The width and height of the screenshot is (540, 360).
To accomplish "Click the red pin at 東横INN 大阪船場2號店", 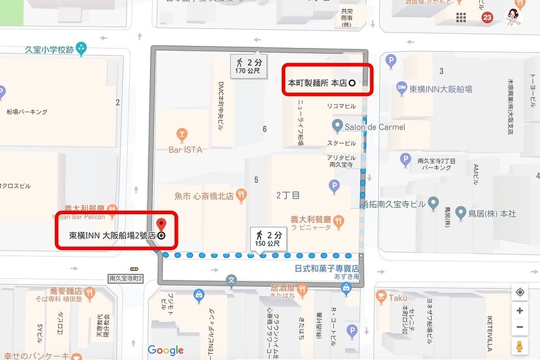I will pos(161,226).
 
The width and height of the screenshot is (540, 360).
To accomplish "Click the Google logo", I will pos(166,350).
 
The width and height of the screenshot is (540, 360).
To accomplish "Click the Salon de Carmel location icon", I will pos(337,126).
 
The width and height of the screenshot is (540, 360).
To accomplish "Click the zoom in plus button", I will pos(519,311).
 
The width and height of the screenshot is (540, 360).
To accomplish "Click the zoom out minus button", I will pos(519,328).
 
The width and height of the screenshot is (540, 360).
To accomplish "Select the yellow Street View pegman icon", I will pos(519,347).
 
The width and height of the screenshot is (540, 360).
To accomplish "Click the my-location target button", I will pos(519,292).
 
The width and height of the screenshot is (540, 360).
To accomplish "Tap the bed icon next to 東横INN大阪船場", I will pos(401,88).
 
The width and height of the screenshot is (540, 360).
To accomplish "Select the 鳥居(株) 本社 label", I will pos(491,213).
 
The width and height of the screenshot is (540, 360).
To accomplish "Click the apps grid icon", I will pos(461,18).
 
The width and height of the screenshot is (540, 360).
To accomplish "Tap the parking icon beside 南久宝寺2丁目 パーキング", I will pos(406,159).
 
